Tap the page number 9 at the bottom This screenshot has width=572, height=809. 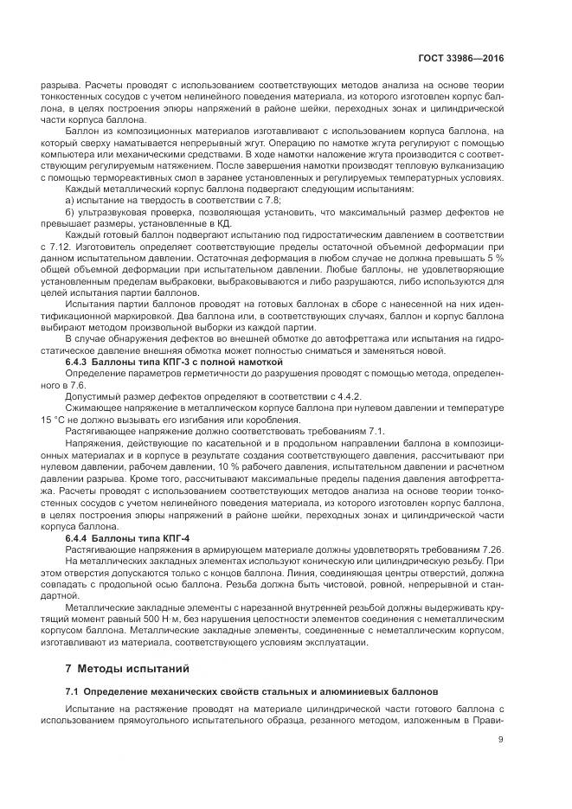coord(500,739)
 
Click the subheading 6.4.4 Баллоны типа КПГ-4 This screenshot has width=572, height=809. coord(128,539)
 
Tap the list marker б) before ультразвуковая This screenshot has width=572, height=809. coord(69,212)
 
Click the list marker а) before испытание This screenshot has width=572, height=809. coord(69,200)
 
